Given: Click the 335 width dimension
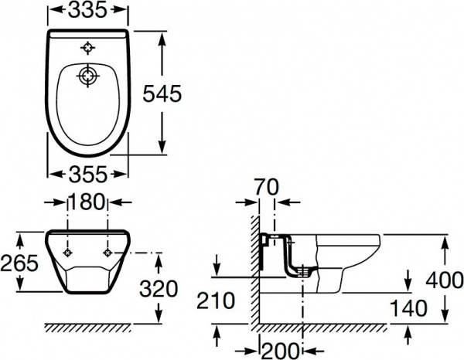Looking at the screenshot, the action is point(87,11).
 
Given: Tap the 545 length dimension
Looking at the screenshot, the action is point(162,93).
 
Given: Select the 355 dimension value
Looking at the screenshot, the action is point(87,174).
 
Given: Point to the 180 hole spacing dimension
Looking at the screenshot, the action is point(87,202).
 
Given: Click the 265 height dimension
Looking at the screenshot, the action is point(19,263).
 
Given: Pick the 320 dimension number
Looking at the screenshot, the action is point(159,289).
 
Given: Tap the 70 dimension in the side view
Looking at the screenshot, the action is point(266,188).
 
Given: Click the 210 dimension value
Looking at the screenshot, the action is point(216,301).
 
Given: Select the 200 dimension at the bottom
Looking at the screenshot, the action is point(280,352).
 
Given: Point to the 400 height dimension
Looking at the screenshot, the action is point(445,280).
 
